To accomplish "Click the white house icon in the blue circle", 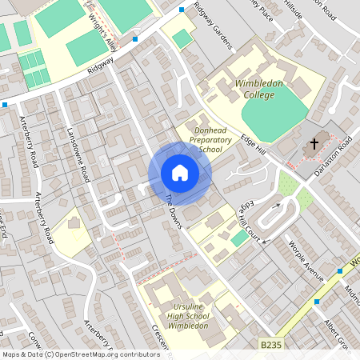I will pos(180,173).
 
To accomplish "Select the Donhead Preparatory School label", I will pos(205,138).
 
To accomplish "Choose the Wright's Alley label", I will pos(103,32).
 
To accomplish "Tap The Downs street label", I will pos(174,211).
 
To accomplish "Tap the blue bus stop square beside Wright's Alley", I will pos(134,38).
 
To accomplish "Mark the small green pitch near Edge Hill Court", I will pos(239,238).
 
